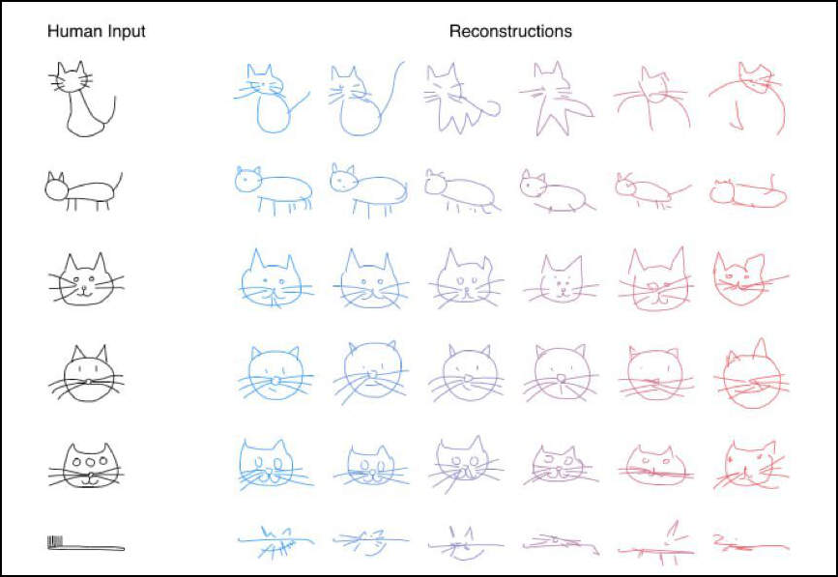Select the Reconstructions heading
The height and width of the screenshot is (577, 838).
510,31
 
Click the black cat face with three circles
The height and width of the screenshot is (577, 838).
88,465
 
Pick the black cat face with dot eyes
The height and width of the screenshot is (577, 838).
85,280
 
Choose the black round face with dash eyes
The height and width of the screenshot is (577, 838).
88,374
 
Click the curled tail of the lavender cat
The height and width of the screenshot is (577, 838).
492,108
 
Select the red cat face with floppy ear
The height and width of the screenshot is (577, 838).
745,279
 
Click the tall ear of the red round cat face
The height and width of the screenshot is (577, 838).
760,348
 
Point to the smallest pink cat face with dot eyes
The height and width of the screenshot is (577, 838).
562,280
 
